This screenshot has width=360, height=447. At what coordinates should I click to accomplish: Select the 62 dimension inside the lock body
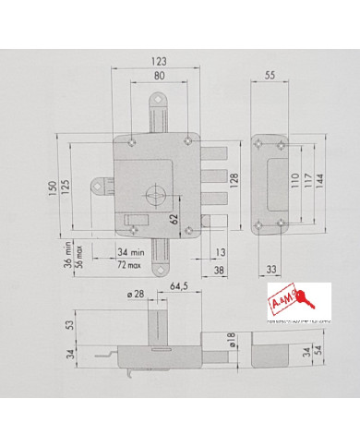click(174, 219)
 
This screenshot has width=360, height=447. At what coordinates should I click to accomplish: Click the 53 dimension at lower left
click(67, 326)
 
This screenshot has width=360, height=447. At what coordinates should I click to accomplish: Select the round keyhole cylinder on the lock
click(154, 196)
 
